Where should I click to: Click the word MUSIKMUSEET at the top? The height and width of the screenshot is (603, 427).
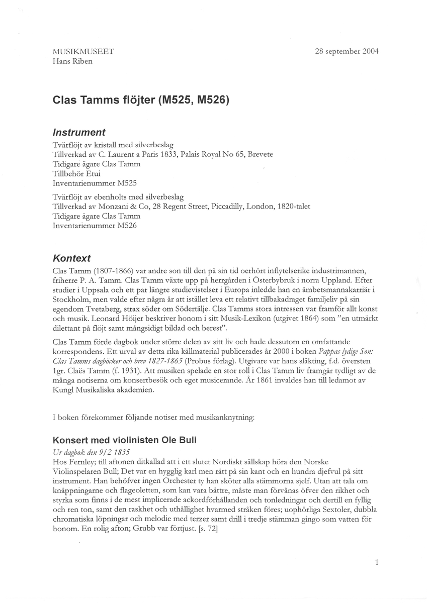pyautogui.click(x=83, y=51)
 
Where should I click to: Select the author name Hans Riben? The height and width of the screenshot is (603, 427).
pyautogui.click(x=72, y=61)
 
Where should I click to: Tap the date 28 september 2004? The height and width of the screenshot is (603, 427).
pyautogui.click(x=347, y=51)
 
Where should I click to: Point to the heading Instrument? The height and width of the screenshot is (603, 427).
pyautogui.click(x=79, y=133)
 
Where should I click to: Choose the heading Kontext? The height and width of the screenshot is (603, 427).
pyautogui.click(x=72, y=258)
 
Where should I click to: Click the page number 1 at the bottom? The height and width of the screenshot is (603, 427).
pyautogui.click(x=376, y=563)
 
